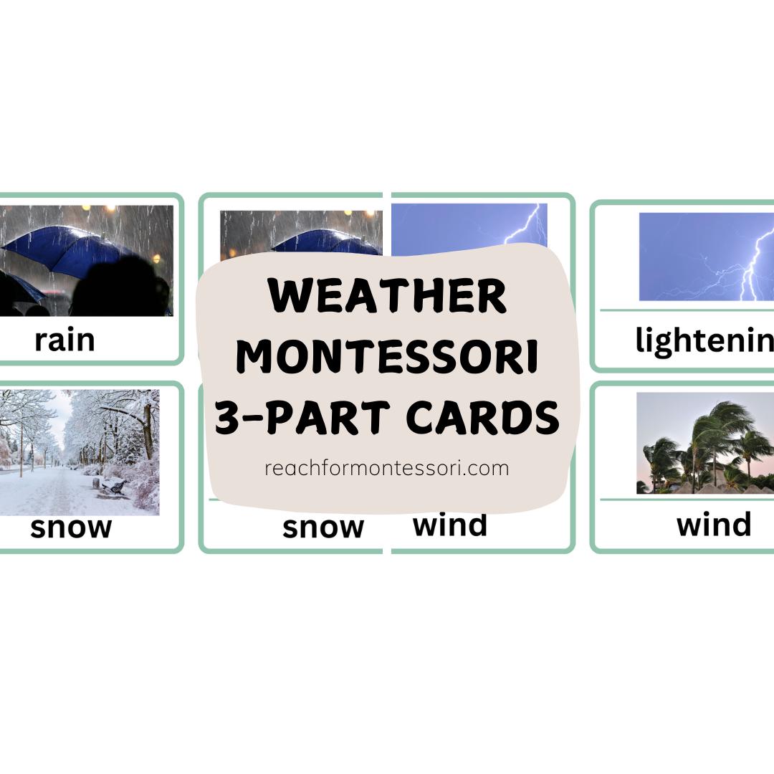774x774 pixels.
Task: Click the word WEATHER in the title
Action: tap(387, 296)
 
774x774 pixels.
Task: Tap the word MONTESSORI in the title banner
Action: tap(387, 357)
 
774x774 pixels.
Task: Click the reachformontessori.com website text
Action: tap(387, 469)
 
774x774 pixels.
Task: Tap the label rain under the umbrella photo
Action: tap(64, 340)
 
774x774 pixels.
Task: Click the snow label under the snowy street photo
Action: tap(71, 527)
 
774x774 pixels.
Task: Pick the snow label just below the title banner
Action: tap(322, 527)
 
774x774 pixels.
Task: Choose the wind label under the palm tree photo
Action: tap(714, 524)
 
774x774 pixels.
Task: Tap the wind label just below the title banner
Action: tap(450, 525)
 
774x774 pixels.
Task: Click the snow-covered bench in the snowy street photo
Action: tap(113, 485)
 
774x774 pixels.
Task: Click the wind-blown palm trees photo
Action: tap(705, 443)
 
